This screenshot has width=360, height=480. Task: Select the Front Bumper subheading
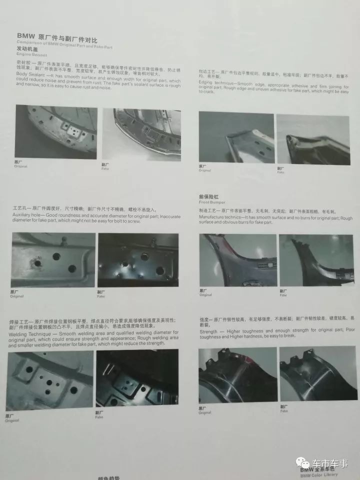tap(211, 203)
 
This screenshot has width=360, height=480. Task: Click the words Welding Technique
tap(27, 332)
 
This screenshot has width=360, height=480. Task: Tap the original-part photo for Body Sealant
tap(56, 131)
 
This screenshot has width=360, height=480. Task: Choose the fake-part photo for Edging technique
tap(313, 138)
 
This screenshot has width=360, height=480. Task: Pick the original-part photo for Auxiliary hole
tap(53, 259)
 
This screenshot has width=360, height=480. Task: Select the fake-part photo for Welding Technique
tap(137, 379)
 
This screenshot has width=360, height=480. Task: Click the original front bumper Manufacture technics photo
tap(237, 260)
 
